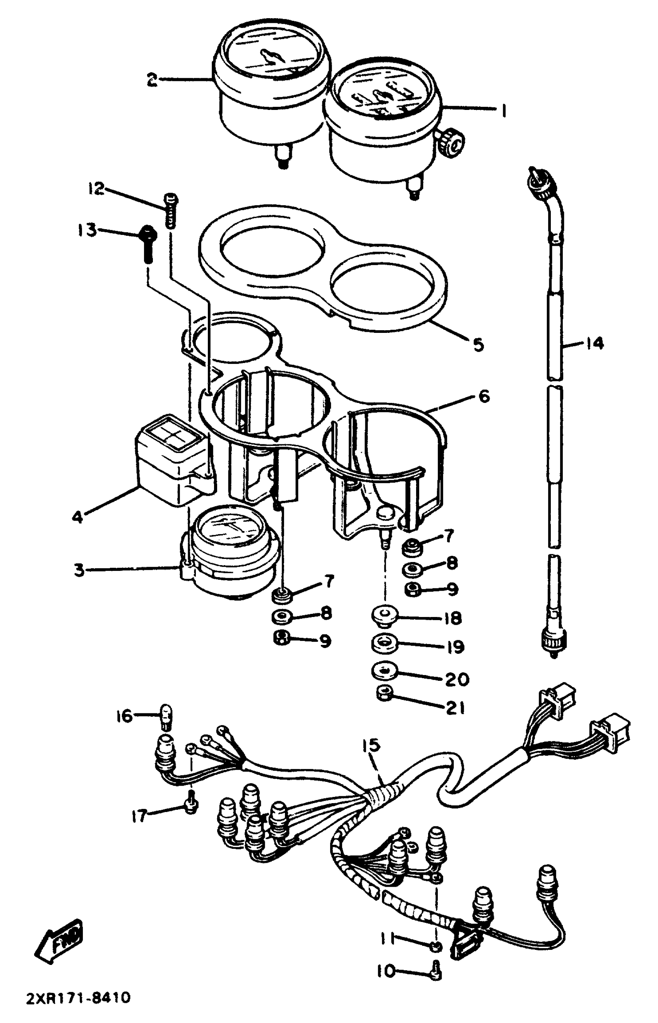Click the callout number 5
(x=478, y=344)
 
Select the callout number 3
(x=79, y=570)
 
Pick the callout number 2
(x=152, y=79)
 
